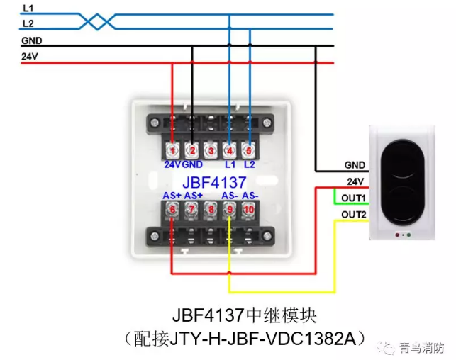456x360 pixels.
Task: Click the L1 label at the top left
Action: pos(28,9)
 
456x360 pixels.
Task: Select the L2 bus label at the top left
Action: pos(28,24)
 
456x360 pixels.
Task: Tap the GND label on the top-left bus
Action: pos(31,40)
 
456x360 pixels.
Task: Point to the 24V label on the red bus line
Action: pos(30,56)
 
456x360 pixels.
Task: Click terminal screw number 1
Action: pos(172,150)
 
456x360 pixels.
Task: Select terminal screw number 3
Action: pos(211,150)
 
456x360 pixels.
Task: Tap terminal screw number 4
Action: pos(230,150)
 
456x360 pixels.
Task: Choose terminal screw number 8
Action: pos(211,210)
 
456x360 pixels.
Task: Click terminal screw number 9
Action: pos(230,210)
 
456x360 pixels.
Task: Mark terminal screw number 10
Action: pos(249,210)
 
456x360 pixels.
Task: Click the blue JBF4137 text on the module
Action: pos(210,181)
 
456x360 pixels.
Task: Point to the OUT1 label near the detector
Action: pos(353,197)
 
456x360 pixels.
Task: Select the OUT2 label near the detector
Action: pos(353,214)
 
